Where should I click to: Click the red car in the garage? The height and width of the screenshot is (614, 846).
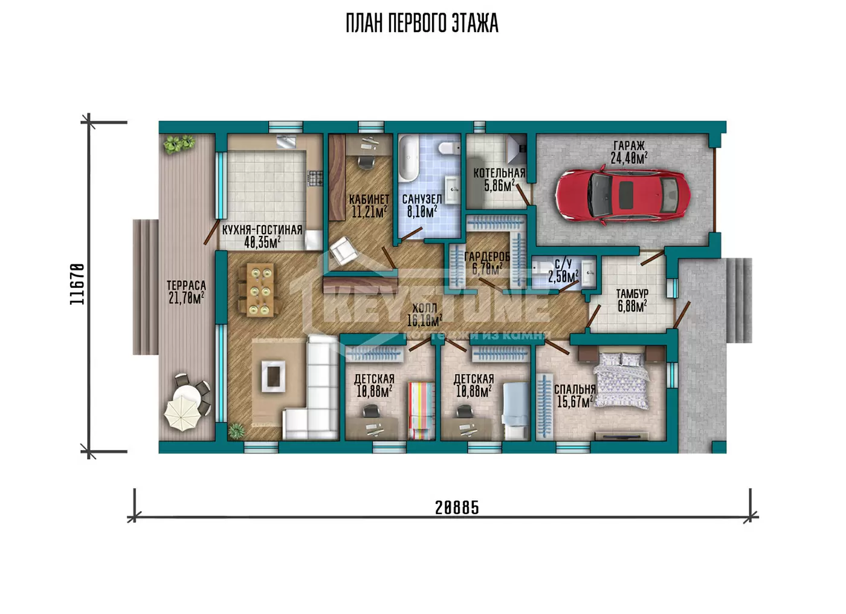pos(623,195)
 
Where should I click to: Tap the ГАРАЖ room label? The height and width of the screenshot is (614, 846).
pos(629,146)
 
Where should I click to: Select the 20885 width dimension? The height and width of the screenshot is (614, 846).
pos(457,508)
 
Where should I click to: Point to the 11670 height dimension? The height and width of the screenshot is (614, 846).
pos(77,284)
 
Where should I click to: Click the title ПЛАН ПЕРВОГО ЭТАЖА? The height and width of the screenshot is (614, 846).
pos(422,23)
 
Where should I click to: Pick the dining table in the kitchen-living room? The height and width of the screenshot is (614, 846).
pos(260,290)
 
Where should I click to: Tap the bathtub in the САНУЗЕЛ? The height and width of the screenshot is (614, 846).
pos(408,158)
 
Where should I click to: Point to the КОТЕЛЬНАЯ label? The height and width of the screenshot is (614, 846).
pos(499,173)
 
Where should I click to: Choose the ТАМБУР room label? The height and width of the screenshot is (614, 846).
pos(632,293)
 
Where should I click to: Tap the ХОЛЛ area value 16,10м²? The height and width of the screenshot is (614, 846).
pos(424,321)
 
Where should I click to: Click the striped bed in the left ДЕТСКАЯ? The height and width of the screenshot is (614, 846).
pos(421,411)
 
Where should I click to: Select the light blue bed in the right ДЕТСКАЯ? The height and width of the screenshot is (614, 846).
pos(514,411)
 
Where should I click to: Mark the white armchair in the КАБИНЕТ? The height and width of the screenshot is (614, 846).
pos(343,250)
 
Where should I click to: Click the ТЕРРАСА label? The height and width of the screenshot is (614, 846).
pos(186,285)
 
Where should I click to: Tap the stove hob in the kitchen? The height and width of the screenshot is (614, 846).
pos(315,178)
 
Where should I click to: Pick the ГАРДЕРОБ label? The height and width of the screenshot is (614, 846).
pos(487,256)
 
